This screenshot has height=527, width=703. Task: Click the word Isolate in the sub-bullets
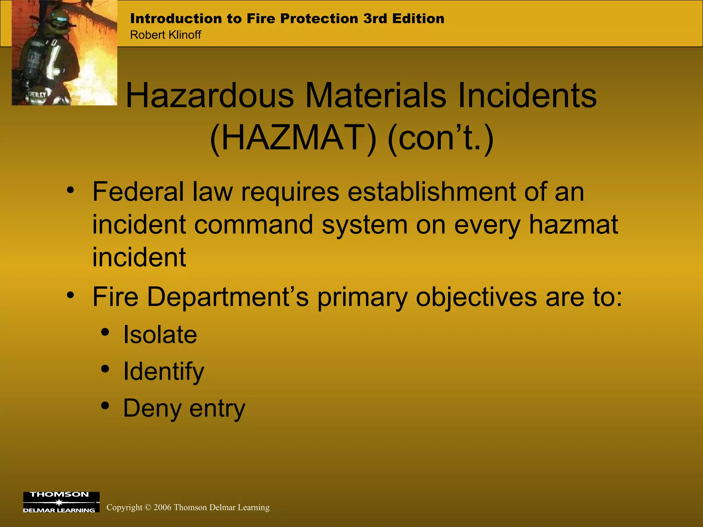point(160,335)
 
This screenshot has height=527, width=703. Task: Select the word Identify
point(163,372)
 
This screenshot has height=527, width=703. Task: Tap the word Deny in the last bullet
point(152,409)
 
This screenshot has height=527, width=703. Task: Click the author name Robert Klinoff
point(165,35)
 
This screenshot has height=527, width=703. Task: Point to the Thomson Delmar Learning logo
point(61,502)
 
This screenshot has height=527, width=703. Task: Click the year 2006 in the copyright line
point(162,507)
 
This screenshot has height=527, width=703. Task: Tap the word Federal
point(138,192)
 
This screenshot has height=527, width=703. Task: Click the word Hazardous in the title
point(210,96)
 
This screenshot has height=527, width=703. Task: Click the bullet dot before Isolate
point(105,332)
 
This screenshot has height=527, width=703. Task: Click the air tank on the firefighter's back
point(33,62)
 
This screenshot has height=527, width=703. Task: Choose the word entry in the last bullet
point(217,409)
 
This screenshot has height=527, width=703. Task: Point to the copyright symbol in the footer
point(148,507)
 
